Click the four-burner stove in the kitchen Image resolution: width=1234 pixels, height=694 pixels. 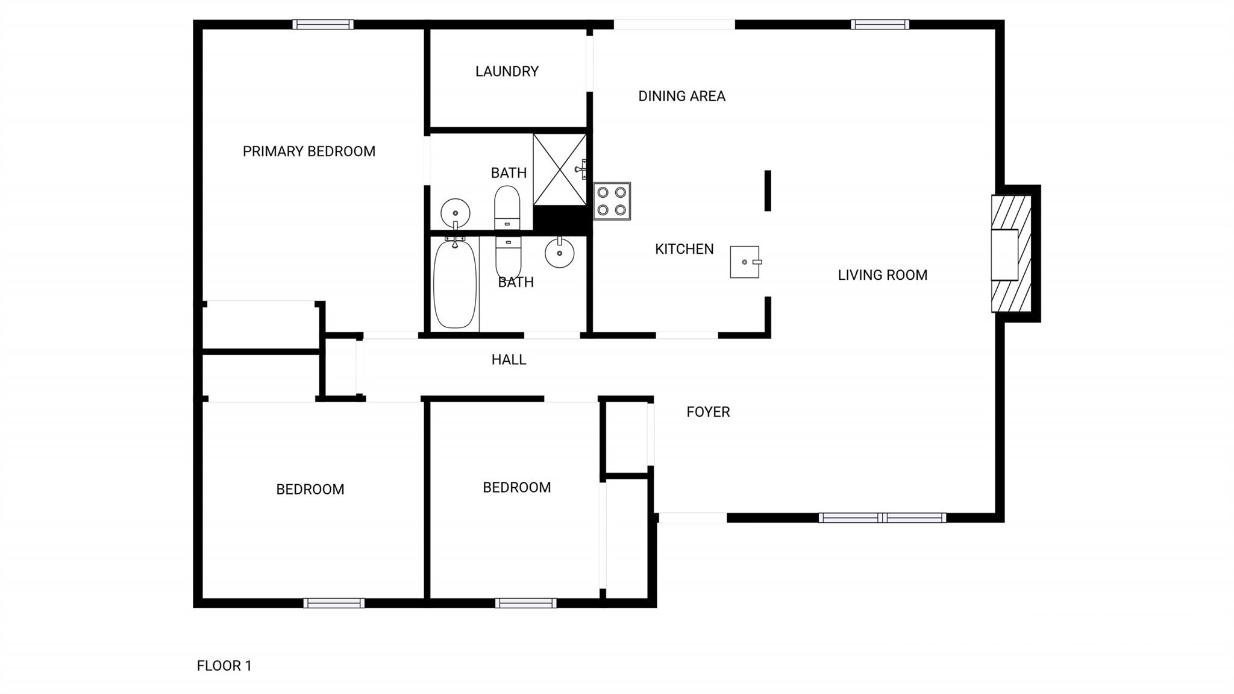(x=612, y=201)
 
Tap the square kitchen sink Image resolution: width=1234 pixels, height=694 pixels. (x=745, y=262)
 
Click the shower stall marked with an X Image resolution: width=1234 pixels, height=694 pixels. (x=560, y=169)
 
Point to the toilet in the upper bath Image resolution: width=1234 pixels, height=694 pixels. (x=507, y=207)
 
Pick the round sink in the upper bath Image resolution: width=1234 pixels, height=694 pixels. (x=455, y=213)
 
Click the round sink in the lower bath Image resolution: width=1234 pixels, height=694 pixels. (x=560, y=253)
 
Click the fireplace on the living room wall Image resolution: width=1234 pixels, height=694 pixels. (x=1012, y=254)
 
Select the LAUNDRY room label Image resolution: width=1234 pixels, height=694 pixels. (x=507, y=72)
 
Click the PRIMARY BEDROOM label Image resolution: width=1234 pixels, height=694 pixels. (x=309, y=151)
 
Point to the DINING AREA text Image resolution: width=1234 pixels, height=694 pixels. (x=681, y=96)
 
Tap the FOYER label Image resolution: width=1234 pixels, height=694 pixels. (x=708, y=412)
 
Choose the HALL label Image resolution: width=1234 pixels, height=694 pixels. (x=509, y=360)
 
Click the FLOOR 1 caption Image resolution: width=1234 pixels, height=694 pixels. (x=224, y=666)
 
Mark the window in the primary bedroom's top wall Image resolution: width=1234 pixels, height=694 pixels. (x=323, y=25)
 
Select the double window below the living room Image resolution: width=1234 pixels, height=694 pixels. (x=882, y=518)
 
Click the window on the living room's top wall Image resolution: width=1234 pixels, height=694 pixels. (x=880, y=25)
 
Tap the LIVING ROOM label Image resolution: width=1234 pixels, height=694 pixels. (x=883, y=276)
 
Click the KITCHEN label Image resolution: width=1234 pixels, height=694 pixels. (x=684, y=250)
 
